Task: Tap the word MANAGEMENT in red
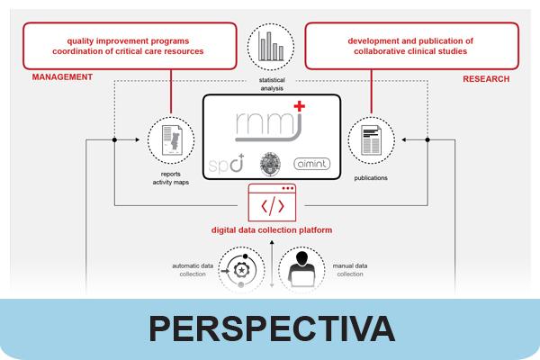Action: (x=62, y=77)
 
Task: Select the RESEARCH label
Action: (x=486, y=79)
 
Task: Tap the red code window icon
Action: (x=272, y=204)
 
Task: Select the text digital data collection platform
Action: (x=272, y=230)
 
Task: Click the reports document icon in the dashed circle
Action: (x=171, y=140)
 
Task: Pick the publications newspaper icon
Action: (x=371, y=140)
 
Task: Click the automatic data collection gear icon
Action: (x=241, y=267)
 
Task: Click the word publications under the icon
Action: (x=371, y=177)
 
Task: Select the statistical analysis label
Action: (x=271, y=85)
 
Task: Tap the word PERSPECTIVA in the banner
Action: (x=271, y=328)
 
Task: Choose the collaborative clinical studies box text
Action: (x=411, y=46)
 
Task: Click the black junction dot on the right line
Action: (x=427, y=140)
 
